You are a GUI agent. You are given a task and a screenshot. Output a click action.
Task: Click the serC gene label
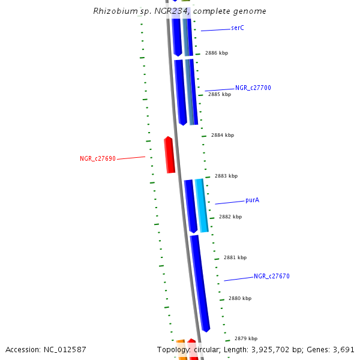pyautogui.click(x=238, y=28)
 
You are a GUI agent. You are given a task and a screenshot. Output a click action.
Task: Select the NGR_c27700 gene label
pyautogui.click(x=253, y=88)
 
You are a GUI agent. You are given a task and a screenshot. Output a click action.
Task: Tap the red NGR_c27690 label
pyautogui.click(x=97, y=159)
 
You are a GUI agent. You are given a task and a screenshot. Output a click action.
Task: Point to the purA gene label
pyautogui.click(x=252, y=200)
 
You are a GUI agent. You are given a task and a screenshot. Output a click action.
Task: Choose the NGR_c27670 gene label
pyautogui.click(x=271, y=276)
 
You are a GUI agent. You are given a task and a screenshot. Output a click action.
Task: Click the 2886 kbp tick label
pyautogui.click(x=216, y=53)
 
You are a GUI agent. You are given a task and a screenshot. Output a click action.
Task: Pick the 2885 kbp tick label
pyautogui.click(x=219, y=94)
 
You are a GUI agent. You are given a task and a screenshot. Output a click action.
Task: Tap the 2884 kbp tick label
pyautogui.click(x=222, y=135)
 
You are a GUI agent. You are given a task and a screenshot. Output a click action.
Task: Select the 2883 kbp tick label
pyautogui.click(x=226, y=176)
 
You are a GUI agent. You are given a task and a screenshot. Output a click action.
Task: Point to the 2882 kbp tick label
pyautogui.click(x=230, y=217)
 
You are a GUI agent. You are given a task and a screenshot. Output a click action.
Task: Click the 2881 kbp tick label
pyautogui.click(x=235, y=257)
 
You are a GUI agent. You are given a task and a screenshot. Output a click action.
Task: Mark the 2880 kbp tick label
pyautogui.click(x=239, y=298)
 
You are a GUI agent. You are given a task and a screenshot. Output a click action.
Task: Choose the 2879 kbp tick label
pyautogui.click(x=245, y=338)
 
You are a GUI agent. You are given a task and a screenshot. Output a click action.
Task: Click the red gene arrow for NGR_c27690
pyautogui.click(x=170, y=155)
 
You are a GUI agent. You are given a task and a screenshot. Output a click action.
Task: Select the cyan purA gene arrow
pyautogui.click(x=202, y=205)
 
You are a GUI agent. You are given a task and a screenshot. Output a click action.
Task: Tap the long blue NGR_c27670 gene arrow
pyautogui.click(x=200, y=282)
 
